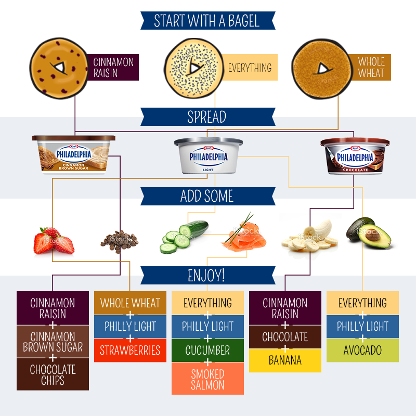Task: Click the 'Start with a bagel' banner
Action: point(207,21)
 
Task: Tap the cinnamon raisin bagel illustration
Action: point(58,68)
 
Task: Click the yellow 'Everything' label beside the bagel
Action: point(250,68)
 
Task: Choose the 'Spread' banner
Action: point(207,117)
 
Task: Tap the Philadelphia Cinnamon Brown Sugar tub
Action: point(74,154)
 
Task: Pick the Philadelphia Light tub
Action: point(208,155)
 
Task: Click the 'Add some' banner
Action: point(207,197)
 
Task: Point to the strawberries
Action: point(54,240)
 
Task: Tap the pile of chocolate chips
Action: point(120,240)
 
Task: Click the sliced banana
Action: point(309,237)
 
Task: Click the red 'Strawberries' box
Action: point(130,350)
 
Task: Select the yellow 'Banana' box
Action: point(285,360)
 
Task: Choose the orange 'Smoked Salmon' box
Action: point(207,379)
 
